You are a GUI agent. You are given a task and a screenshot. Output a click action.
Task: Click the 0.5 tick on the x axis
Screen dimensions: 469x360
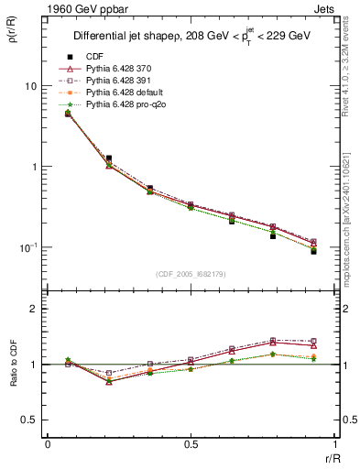tap(191, 444)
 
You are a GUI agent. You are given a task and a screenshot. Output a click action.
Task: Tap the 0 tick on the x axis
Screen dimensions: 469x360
tap(47, 444)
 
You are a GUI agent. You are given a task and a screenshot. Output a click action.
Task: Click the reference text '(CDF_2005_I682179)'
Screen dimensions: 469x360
tap(191, 273)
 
